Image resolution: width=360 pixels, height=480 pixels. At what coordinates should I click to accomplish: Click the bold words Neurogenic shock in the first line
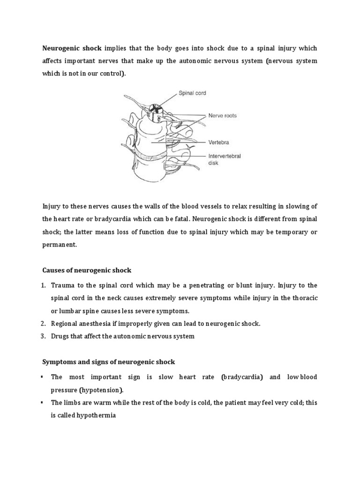72,48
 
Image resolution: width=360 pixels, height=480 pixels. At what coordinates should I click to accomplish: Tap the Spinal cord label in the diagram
192,93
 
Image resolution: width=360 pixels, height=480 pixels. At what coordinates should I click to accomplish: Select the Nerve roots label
222,116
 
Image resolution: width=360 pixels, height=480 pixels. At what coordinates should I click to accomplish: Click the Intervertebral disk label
223,160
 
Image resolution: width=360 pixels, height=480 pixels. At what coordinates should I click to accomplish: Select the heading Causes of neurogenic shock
87,270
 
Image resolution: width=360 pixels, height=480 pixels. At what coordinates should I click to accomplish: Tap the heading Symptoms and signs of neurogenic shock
109,361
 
